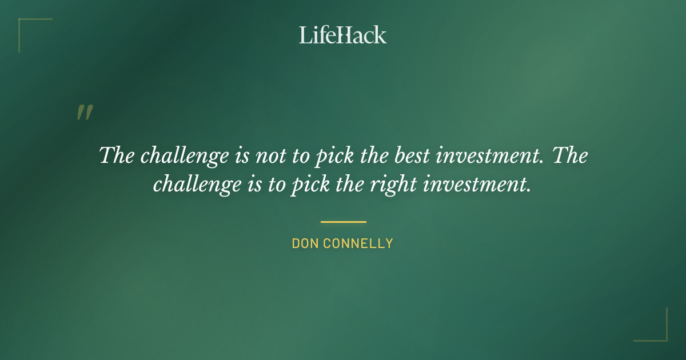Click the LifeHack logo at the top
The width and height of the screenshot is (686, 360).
pyautogui.click(x=342, y=35)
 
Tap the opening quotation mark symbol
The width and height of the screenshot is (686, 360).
pyautogui.click(x=85, y=113)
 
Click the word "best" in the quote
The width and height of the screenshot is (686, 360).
pyautogui.click(x=409, y=155)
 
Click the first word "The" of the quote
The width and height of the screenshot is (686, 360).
pyautogui.click(x=117, y=155)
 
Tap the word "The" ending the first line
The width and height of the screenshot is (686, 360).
pyautogui.click(x=570, y=155)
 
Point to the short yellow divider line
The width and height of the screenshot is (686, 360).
pyautogui.click(x=343, y=222)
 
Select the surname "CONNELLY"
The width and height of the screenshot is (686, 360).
pyautogui.click(x=358, y=243)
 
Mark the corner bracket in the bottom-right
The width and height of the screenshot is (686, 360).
pyautogui.click(x=657, y=332)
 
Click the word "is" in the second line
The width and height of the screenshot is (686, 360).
pyautogui.click(x=245, y=185)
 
